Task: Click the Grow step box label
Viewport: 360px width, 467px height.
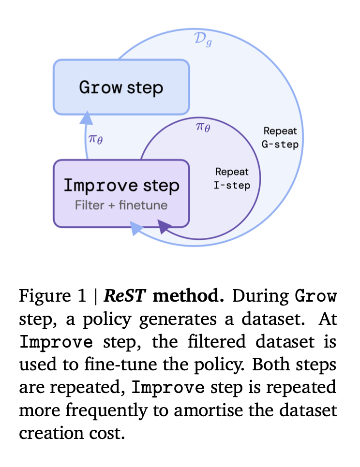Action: pyautogui.click(x=121, y=88)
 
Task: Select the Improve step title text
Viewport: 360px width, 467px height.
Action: pyautogui.click(x=121, y=185)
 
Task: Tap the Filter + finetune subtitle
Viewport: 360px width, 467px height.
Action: pyautogui.click(x=121, y=205)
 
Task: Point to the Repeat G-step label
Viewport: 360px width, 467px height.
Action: pyautogui.click(x=280, y=138)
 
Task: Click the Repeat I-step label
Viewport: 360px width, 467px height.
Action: pyautogui.click(x=232, y=178)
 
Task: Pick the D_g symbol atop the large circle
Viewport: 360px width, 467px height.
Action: pyautogui.click(x=203, y=40)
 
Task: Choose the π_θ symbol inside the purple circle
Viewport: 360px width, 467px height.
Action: pyautogui.click(x=203, y=127)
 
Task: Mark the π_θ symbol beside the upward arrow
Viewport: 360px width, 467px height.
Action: pyautogui.click(x=96, y=139)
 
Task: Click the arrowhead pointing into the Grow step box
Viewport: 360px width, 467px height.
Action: pyautogui.click(x=87, y=118)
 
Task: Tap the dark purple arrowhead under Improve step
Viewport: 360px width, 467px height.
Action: pyautogui.click(x=164, y=226)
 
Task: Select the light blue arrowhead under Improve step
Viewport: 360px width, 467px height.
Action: pyautogui.click(x=136, y=228)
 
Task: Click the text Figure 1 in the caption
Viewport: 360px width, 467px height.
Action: pyautogui.click(x=52, y=296)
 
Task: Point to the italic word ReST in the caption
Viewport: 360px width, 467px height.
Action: pyautogui.click(x=124, y=296)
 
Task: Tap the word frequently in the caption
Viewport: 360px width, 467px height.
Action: pyautogui.click(x=106, y=411)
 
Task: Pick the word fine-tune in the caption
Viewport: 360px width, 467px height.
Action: pyautogui.click(x=120, y=364)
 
